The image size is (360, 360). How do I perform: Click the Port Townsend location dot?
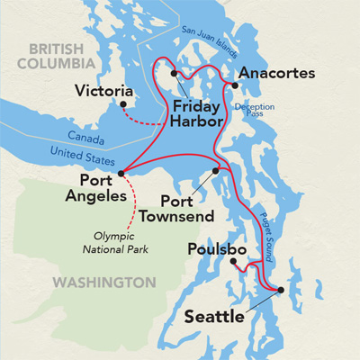pyautogui.click(x=216, y=169)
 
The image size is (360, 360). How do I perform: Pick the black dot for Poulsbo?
pyautogui.click(x=231, y=261)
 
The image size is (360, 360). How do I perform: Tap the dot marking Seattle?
pyautogui.click(x=281, y=290)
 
